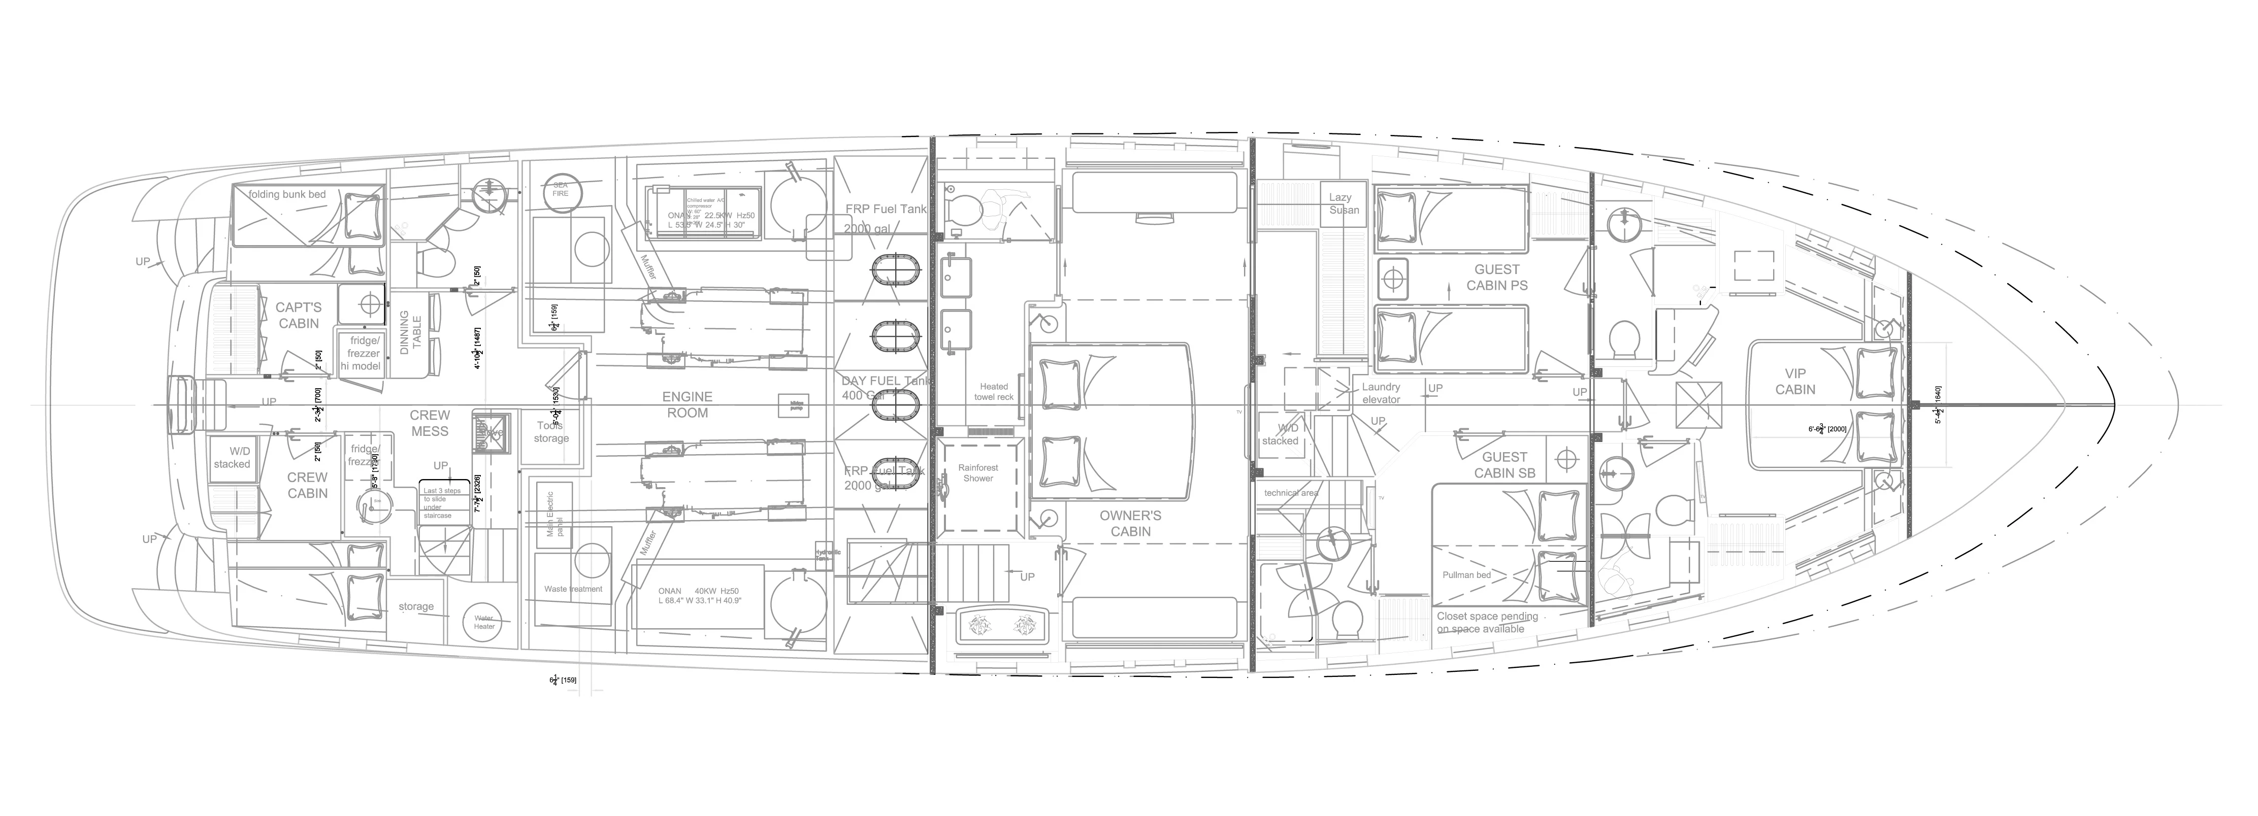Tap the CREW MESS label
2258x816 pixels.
430,423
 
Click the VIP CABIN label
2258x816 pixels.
1795,381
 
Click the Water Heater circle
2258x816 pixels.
484,622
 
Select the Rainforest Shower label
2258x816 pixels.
978,473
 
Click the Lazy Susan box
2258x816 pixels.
1344,204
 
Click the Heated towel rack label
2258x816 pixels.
994,392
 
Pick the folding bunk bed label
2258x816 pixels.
287,194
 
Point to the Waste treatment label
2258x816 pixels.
573,589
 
